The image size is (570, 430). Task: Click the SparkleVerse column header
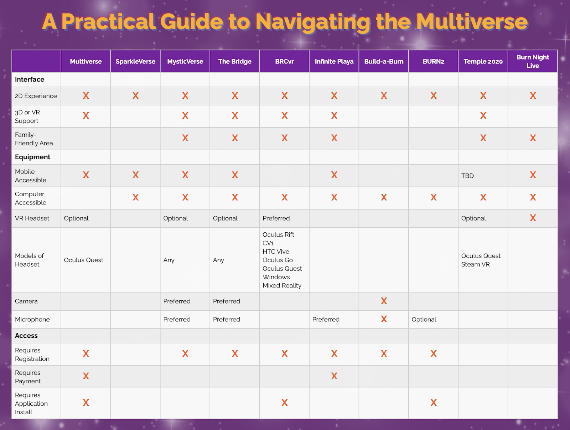135,61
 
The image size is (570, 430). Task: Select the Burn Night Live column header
533,61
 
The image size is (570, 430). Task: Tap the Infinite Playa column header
334,61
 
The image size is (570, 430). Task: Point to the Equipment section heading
32,157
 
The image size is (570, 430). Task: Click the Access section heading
26,336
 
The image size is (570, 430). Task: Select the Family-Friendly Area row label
34,139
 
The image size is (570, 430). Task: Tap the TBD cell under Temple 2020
467,176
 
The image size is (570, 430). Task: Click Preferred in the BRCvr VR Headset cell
276,218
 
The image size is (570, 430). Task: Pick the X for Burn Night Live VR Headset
533,218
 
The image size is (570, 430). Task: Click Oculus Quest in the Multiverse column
83,260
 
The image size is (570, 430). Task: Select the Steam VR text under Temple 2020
475,264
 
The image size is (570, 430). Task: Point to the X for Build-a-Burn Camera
384,301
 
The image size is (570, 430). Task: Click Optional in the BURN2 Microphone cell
424,319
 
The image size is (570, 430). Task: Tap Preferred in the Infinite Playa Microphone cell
326,319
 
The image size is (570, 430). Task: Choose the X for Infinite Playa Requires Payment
334,376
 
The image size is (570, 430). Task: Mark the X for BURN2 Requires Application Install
433,403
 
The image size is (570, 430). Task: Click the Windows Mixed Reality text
282,281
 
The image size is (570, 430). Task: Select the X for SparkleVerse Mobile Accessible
135,175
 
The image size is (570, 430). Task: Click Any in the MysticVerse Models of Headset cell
169,260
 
